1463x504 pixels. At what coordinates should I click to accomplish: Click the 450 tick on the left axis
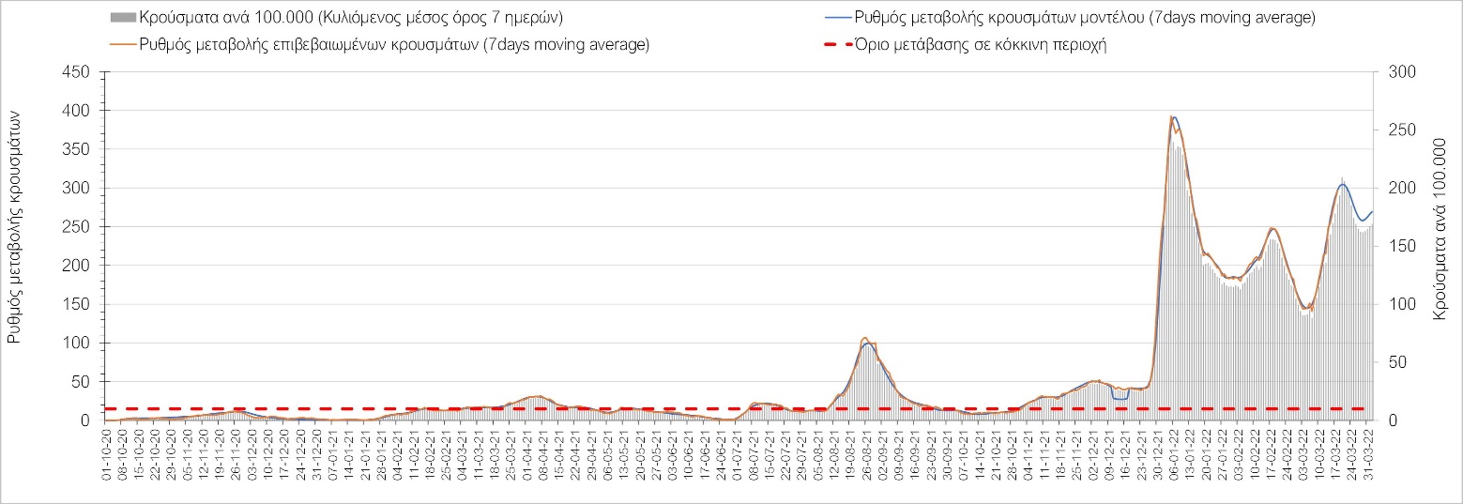(77, 72)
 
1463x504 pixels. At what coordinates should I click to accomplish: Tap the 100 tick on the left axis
(77, 344)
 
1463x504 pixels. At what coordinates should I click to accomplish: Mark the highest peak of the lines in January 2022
(1173, 117)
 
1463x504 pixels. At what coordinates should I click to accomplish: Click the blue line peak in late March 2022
(1343, 184)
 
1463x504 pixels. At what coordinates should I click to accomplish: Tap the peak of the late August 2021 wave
(867, 340)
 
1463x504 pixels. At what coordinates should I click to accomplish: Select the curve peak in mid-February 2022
(1273, 228)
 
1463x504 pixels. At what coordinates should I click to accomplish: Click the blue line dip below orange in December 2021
(1120, 400)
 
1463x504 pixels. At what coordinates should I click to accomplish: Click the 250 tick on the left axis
(77, 227)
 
